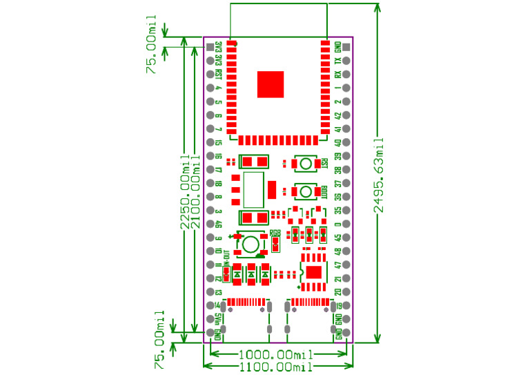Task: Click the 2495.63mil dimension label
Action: (379, 176)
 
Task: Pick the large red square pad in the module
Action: (271, 84)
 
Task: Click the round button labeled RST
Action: (304, 164)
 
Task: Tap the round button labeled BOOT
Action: (304, 191)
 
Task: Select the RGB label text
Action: (275, 233)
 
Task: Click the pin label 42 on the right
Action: (337, 115)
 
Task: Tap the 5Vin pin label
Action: (219, 319)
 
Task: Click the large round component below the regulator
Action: (250, 244)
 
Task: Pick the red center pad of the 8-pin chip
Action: (314, 271)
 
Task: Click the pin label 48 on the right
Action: (337, 251)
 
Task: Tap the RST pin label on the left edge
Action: (219, 75)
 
